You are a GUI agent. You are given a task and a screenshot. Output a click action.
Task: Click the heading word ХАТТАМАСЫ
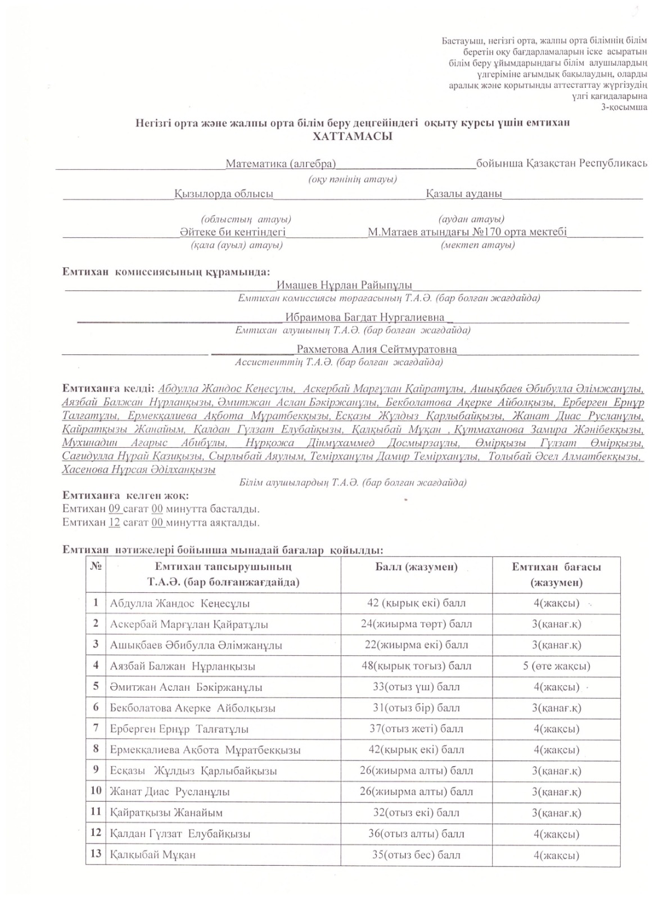[352, 136]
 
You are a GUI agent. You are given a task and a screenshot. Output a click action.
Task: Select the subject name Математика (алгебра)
[281, 164]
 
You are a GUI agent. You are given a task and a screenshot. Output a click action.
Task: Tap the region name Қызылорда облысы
[223, 193]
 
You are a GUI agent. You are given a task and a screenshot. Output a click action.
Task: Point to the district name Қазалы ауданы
[463, 193]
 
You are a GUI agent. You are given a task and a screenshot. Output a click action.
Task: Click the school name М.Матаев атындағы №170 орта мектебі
[467, 232]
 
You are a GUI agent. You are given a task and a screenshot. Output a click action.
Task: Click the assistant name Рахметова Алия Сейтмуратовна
[376, 349]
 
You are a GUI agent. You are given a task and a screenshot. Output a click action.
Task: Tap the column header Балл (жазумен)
[416, 567]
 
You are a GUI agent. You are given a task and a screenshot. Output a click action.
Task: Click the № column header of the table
[95, 566]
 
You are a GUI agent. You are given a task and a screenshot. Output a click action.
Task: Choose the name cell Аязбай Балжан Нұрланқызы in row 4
[183, 666]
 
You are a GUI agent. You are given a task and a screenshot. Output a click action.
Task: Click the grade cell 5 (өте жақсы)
[556, 666]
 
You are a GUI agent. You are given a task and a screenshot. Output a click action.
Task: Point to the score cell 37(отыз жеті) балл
[416, 729]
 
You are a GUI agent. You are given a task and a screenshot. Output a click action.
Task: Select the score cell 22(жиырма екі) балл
[416, 645]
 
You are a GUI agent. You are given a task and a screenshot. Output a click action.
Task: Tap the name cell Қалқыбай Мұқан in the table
[152, 855]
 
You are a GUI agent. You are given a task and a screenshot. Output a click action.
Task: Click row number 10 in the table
[96, 791]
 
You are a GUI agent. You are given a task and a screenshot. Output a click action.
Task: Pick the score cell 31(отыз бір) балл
[416, 708]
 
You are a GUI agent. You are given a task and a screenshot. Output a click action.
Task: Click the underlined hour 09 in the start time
[115, 509]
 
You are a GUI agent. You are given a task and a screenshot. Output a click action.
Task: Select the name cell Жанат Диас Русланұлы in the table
[170, 792]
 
